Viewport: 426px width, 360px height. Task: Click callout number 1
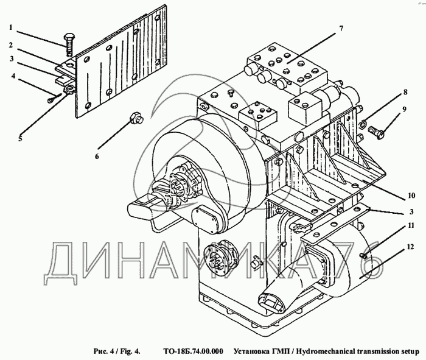[x=11, y=28]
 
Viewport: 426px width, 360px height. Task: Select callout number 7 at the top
[x=341, y=29]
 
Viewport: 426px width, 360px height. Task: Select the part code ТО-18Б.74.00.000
[x=194, y=351]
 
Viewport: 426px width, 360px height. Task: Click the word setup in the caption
[x=408, y=351]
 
